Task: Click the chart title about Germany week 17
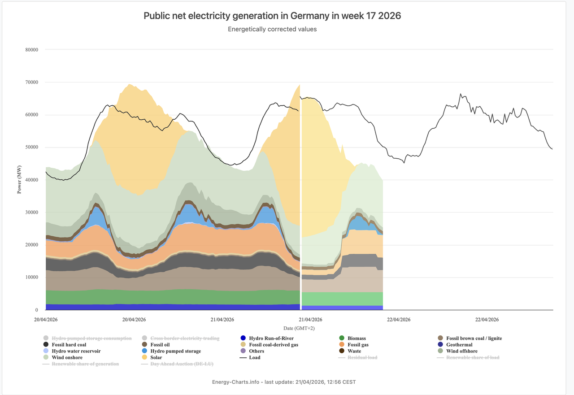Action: (272, 16)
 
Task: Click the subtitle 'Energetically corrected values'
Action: (272, 29)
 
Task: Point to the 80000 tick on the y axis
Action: (31, 50)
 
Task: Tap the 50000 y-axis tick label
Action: (31, 148)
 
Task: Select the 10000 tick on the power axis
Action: (31, 278)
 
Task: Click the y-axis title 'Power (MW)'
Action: (19, 180)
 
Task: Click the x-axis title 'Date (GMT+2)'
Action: (299, 329)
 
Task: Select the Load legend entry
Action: (255, 357)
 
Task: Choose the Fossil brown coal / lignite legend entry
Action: (474, 339)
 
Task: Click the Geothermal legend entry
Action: (459, 345)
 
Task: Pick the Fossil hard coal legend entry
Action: (69, 345)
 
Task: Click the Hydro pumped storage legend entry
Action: (175, 351)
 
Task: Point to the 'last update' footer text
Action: (284, 382)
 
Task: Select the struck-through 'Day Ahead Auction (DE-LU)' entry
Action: (182, 364)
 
